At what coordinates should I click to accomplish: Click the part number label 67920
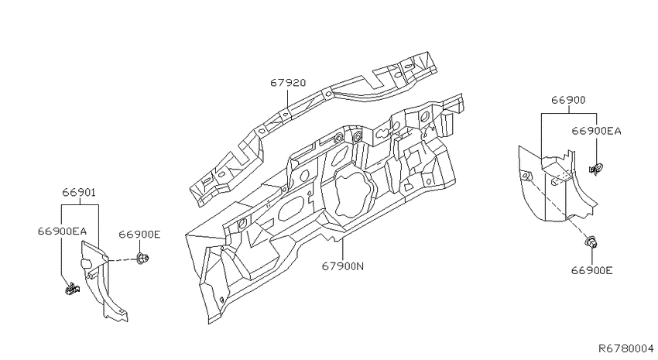coord(288,83)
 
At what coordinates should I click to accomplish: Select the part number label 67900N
coord(343,266)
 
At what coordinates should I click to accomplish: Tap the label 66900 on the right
coord(568,100)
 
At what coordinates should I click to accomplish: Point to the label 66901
coord(79,193)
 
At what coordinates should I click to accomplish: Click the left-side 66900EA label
coord(62,231)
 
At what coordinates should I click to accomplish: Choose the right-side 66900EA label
coord(596,131)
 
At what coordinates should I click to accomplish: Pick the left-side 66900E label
coord(139,234)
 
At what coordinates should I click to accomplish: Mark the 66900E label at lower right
coord(591,271)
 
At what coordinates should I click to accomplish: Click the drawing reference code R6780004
coord(625,348)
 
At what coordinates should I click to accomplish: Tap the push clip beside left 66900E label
coord(142,258)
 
